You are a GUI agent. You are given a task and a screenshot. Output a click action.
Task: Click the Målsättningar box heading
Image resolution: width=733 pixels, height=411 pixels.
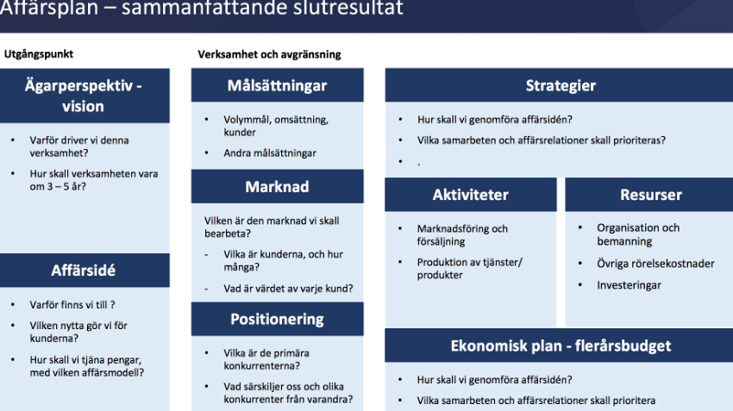click(x=277, y=85)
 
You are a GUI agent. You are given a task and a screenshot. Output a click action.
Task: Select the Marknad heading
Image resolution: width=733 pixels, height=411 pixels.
click(x=277, y=187)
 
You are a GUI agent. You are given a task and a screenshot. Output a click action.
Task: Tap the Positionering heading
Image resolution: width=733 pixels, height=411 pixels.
click(x=277, y=320)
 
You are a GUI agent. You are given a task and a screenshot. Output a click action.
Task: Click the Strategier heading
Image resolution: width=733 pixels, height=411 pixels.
click(x=561, y=85)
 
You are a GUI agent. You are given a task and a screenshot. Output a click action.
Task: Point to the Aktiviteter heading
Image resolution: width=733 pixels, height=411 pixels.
click(x=470, y=195)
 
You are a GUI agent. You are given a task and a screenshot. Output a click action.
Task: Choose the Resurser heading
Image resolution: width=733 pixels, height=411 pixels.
click(x=651, y=195)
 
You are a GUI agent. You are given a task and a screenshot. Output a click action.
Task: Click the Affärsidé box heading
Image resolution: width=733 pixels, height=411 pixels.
click(x=83, y=270)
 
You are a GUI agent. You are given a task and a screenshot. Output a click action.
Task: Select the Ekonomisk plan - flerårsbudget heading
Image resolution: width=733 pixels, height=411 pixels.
click(x=561, y=346)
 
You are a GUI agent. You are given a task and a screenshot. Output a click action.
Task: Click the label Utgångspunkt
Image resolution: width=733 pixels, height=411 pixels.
click(x=39, y=54)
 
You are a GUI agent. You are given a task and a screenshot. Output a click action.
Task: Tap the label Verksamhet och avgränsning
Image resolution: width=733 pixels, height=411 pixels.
click(x=269, y=54)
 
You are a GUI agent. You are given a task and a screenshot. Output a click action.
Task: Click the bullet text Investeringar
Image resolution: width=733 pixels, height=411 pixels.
click(x=629, y=285)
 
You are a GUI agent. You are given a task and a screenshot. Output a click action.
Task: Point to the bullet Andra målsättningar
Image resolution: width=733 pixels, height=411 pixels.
click(x=270, y=153)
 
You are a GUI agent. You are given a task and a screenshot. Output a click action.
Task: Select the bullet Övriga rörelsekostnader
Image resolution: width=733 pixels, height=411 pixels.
click(x=655, y=264)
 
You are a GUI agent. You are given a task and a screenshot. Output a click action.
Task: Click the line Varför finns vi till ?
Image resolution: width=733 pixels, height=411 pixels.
click(x=72, y=305)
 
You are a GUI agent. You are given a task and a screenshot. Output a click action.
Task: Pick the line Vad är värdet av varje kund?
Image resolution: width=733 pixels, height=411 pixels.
click(x=288, y=289)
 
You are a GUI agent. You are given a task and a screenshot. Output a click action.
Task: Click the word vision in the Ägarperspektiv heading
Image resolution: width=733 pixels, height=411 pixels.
click(x=83, y=107)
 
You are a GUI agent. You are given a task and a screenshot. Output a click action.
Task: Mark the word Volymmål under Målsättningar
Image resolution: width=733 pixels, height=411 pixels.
click(x=247, y=120)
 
